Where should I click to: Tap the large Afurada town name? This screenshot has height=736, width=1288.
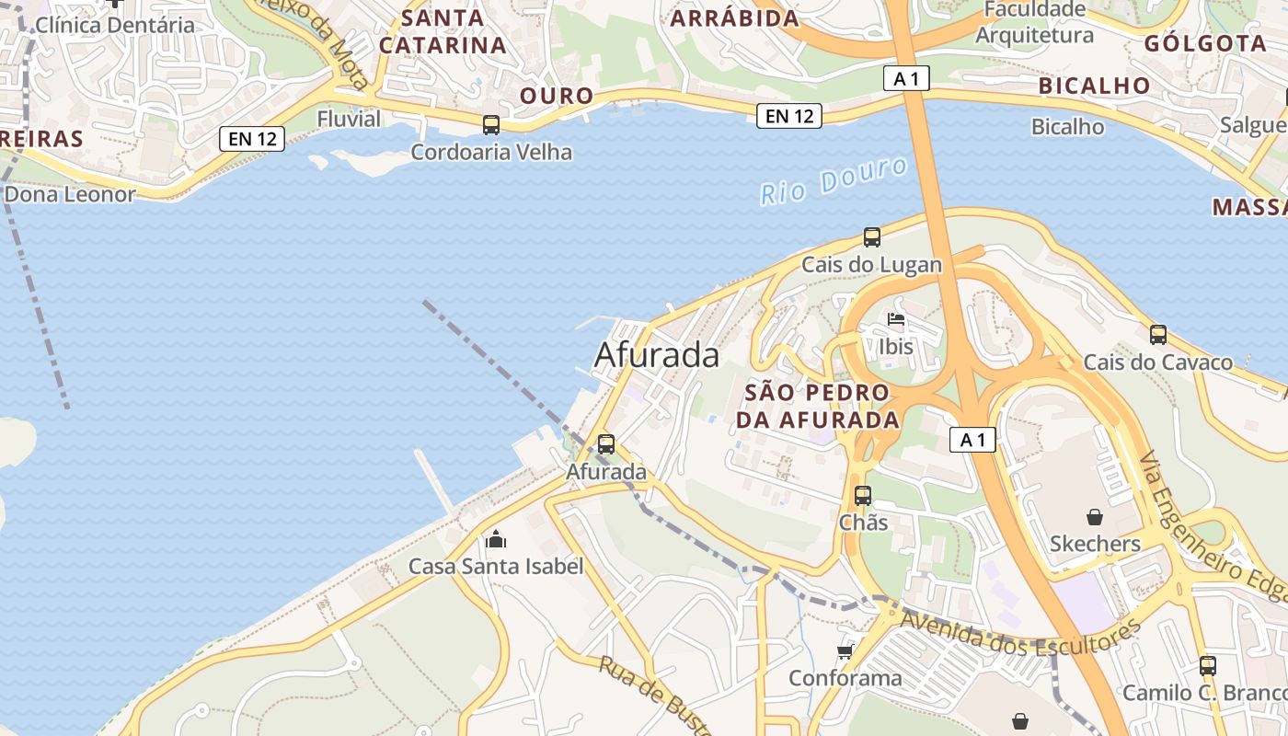pos(657,355)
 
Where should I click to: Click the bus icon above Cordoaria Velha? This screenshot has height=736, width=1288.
pos(491,124)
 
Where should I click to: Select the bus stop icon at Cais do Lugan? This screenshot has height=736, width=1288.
pos(871,237)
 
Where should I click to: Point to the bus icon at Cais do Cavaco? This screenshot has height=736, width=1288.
pos(1157,335)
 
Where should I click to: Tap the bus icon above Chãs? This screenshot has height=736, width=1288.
pos(862,496)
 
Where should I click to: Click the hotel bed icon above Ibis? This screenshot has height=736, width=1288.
pos(896,320)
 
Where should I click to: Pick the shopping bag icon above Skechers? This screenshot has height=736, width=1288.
pos(1095,517)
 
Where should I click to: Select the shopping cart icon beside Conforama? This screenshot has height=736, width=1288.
pos(845,651)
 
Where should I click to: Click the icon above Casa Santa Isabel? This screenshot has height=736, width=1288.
pos(496,539)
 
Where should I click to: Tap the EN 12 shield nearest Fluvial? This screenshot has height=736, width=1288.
pos(251,139)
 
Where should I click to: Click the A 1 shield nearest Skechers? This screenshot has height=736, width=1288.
pos(972,440)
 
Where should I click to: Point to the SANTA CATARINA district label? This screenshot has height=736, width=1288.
pos(443,31)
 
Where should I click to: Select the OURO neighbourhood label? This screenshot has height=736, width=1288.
pos(557,96)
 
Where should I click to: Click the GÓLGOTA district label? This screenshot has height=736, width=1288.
pos(1205,43)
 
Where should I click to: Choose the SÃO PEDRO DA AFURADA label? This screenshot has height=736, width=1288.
pos(817,406)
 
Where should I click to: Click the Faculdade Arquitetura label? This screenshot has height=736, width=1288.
pos(1035,22)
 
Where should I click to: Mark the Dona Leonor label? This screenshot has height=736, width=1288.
pos(70,194)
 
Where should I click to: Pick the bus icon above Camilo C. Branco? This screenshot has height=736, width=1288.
pos(1207,666)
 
